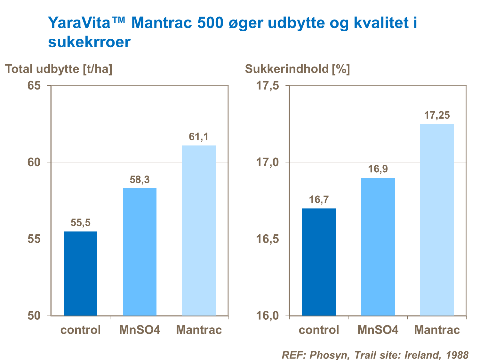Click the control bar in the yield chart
80,273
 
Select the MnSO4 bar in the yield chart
140,252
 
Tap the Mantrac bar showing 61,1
199,231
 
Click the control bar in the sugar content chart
319,262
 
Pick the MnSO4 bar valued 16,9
378,247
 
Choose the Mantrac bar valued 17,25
437,220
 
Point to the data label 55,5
80,223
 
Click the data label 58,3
140,180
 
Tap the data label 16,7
319,200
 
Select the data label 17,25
437,115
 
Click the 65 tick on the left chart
34,86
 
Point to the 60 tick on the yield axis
34,162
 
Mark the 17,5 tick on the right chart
268,86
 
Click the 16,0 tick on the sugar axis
268,316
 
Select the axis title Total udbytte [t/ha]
59,69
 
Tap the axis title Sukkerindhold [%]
297,69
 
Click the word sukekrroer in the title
89,42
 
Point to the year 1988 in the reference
457,355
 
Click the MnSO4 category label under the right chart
378,330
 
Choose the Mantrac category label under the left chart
199,330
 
